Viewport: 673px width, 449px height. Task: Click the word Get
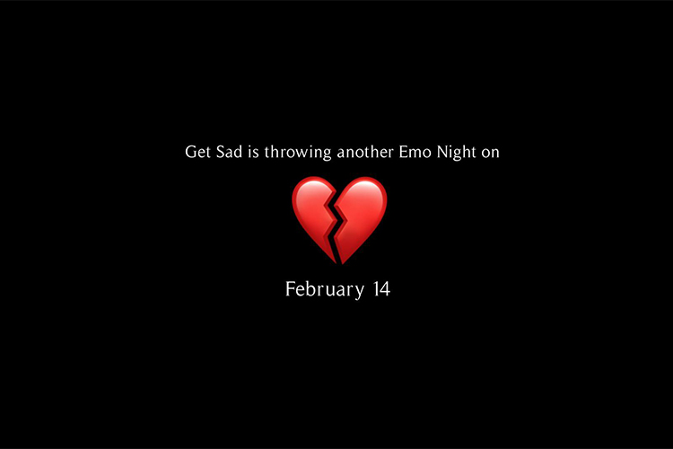click(197, 152)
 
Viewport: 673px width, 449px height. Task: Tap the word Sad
click(229, 152)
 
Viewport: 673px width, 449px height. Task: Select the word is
click(253, 152)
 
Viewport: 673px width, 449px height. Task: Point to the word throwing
click(298, 153)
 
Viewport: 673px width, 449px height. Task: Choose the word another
click(365, 152)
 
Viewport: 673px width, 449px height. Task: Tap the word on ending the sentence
click(490, 154)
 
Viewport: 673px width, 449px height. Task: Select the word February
click(325, 289)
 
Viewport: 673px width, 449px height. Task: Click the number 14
click(381, 289)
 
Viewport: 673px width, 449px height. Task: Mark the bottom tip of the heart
click(340, 263)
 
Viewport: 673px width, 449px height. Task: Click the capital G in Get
click(190, 152)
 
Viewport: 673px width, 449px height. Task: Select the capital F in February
click(291, 289)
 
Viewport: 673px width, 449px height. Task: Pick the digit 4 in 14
click(385, 289)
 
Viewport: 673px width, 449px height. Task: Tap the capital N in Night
click(442, 152)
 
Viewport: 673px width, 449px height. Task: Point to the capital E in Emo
click(404, 152)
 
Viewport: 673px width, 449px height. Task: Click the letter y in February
click(360, 292)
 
